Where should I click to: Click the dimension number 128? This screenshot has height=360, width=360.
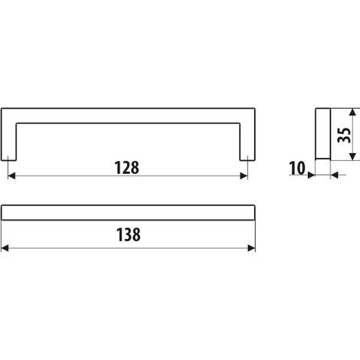click(127, 168)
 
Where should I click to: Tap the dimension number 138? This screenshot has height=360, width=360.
click(129, 235)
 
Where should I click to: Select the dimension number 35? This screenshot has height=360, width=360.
click(344, 135)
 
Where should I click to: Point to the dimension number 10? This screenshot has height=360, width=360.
click(297, 169)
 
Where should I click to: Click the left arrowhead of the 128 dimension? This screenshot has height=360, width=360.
click(11, 175)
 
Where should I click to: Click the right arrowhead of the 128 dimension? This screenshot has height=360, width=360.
click(244, 175)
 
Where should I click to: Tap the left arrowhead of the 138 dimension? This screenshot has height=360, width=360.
click(5, 248)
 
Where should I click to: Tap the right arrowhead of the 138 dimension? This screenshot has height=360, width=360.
click(251, 248)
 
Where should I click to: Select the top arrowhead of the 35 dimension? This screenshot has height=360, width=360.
click(352, 113)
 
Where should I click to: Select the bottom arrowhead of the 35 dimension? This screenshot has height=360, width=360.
click(352, 157)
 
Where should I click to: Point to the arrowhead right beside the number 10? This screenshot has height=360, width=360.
click(311, 175)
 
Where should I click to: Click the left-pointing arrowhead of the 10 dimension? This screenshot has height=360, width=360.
click(335, 175)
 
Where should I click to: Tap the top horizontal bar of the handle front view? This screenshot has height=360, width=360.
click(128, 116)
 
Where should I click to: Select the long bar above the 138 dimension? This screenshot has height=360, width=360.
click(128, 212)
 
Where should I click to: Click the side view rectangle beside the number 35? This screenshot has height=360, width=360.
click(323, 134)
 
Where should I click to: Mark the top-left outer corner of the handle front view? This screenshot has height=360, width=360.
click(2, 108)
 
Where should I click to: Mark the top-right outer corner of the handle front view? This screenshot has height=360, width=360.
click(255, 108)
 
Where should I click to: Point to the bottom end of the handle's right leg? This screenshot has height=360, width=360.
click(247, 161)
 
